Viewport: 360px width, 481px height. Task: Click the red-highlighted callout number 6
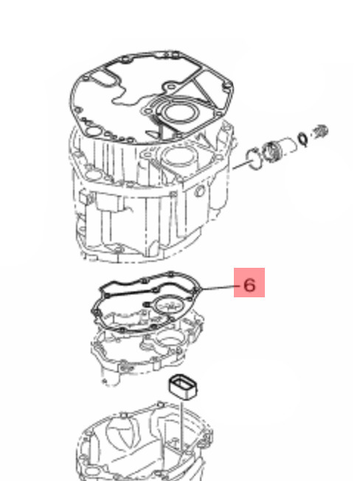tap(249, 285)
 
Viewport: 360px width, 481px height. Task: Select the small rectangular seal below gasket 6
tap(183, 387)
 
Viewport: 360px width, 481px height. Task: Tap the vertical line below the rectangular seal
tap(182, 426)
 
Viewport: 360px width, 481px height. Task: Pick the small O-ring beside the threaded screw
tap(304, 139)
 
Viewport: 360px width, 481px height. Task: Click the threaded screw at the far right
tap(320, 131)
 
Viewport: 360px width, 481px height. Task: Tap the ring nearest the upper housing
tap(254, 159)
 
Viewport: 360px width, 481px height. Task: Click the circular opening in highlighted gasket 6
tap(168, 305)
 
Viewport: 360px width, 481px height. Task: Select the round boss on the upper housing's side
tap(200, 191)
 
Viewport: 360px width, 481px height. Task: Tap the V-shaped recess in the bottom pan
tap(125, 434)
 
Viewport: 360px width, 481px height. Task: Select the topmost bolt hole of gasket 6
tap(171, 273)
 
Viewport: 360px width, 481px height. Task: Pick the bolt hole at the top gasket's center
tap(171, 88)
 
